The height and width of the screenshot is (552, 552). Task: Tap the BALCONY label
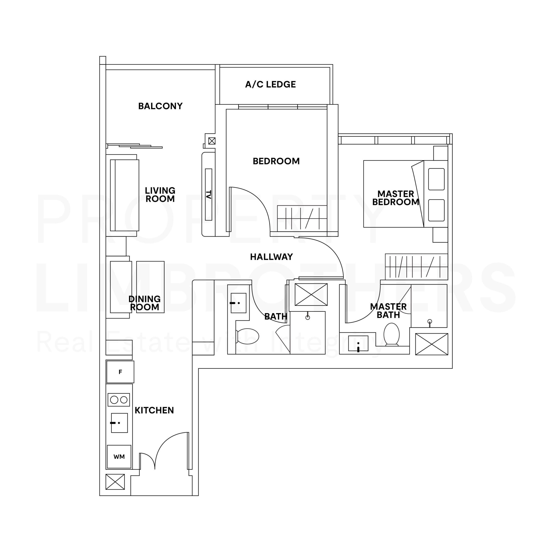click(160, 106)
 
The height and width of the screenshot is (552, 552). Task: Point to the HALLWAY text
click(271, 257)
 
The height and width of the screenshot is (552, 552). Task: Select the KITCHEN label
click(154, 410)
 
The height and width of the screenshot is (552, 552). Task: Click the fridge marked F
click(120, 372)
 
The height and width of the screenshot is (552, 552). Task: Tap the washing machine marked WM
click(119, 456)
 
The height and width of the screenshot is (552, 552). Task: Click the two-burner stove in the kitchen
click(119, 400)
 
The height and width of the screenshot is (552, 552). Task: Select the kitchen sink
click(119, 423)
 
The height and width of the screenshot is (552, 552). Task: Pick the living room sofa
click(125, 195)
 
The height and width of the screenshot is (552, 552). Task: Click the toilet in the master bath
click(391, 334)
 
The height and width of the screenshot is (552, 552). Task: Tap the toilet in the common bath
click(247, 336)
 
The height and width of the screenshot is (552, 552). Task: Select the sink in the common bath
click(238, 303)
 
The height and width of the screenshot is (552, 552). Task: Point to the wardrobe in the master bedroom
click(416, 267)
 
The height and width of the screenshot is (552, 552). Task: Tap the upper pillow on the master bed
click(436, 179)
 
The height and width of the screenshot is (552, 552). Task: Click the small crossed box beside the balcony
click(212, 141)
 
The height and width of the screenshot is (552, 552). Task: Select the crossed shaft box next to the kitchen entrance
click(115, 482)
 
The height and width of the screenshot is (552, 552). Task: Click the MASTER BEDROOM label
click(396, 198)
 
